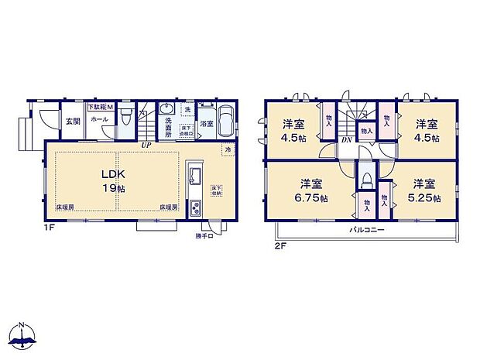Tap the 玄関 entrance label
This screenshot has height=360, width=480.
click(x=72, y=120)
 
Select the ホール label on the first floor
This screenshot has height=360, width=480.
click(x=99, y=120)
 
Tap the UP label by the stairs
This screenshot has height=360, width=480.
click(x=145, y=144)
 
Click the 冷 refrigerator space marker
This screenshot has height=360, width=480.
click(x=228, y=149)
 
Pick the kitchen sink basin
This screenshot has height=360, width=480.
click(x=194, y=173)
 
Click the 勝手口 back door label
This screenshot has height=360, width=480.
click(x=204, y=235)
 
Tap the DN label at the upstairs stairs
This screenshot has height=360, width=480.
click(x=348, y=140)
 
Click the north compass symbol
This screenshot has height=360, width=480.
click(x=24, y=335)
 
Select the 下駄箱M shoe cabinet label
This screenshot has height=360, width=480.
click(x=101, y=106)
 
